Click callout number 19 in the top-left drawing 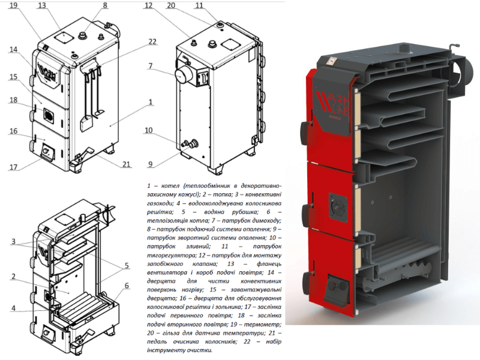[x=14, y=5]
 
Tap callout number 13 [x=42, y=5]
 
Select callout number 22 [x=152, y=42]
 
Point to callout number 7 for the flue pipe [x=151, y=66]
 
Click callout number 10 [x=148, y=130]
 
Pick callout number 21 [x=127, y=164]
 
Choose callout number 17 [x=13, y=167]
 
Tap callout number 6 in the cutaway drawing [x=127, y=286]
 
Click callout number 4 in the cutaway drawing [x=13, y=308]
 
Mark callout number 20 [x=171, y=5]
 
